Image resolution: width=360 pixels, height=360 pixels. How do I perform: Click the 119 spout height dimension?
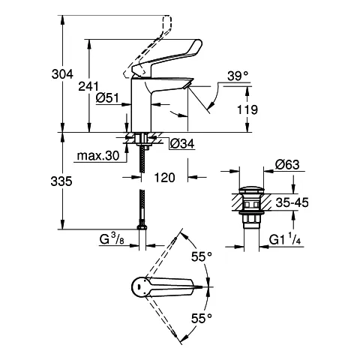248,110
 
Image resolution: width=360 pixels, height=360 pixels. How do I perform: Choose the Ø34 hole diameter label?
183,143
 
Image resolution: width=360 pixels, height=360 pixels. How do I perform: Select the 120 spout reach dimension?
165,178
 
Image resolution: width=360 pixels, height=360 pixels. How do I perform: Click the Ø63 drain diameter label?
288,165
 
